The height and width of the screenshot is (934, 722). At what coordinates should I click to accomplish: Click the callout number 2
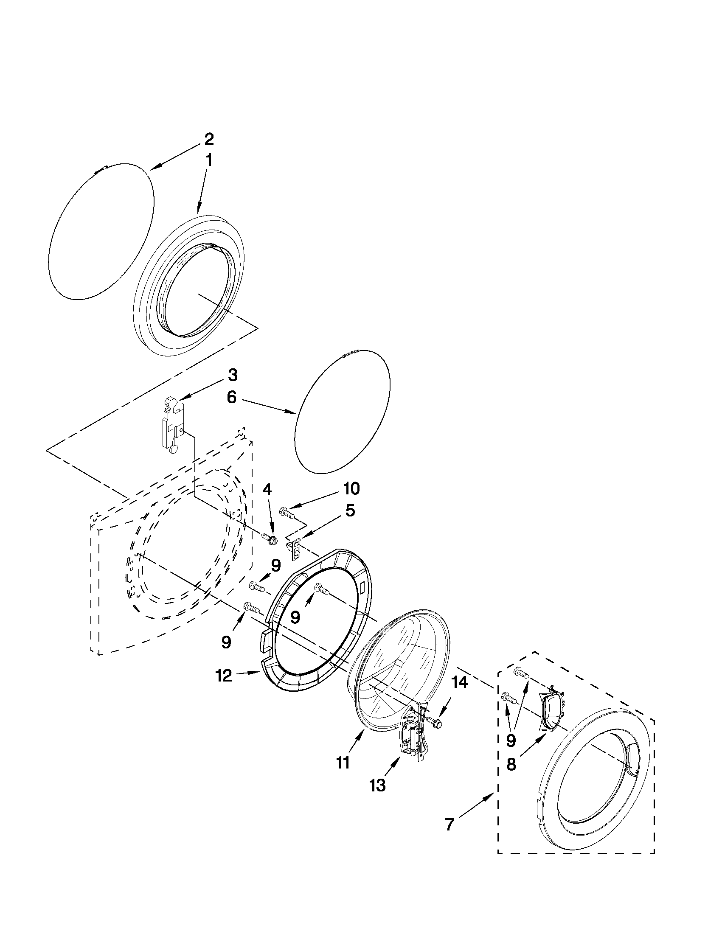[x=208, y=140]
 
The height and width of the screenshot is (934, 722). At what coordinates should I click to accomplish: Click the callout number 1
[x=209, y=161]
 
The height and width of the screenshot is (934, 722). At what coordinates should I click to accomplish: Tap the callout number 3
[x=232, y=376]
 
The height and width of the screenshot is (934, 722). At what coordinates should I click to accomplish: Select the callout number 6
[x=231, y=398]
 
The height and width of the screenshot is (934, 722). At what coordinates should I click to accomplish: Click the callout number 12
[x=224, y=676]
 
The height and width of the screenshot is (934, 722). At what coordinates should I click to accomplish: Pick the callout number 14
[x=459, y=683]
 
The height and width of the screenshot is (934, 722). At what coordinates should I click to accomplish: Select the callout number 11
[x=343, y=763]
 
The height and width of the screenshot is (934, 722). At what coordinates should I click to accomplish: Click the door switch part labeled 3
[x=171, y=424]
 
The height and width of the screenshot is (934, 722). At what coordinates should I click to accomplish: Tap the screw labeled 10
[x=287, y=512]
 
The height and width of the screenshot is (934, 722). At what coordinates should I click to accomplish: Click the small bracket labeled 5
[x=295, y=550]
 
